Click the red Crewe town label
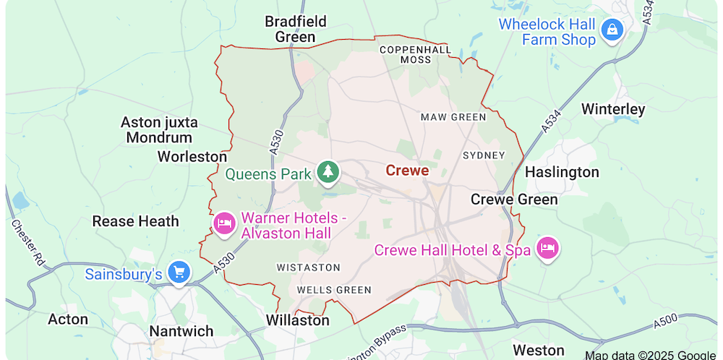click(407, 171)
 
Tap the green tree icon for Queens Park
click(329, 172)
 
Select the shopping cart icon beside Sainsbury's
click(179, 273)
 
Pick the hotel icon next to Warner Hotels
click(224, 224)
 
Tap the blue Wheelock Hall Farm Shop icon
click(612, 30)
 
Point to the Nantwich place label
click(181, 331)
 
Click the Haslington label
click(562, 172)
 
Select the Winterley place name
click(613, 109)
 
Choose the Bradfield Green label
click(295, 29)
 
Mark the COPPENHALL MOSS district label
click(416, 55)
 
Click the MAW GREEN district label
click(453, 116)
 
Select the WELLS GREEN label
click(334, 290)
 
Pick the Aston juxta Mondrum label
click(159, 130)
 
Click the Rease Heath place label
click(135, 221)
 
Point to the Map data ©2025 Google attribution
click(651, 354)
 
